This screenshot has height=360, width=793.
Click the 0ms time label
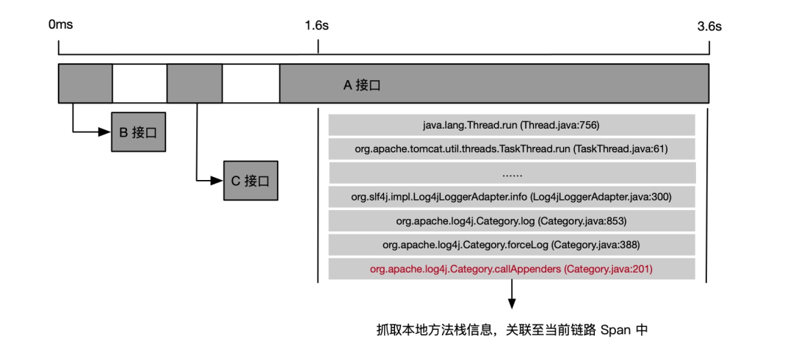[61, 25]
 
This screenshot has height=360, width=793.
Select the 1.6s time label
[317, 25]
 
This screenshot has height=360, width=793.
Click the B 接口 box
[139, 132]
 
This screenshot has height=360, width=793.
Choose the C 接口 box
[251, 181]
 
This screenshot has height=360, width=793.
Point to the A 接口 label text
[361, 85]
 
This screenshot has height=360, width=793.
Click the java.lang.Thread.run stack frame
[512, 125]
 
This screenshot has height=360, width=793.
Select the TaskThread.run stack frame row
[512, 149]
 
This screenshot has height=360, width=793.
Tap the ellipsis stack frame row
[512, 173]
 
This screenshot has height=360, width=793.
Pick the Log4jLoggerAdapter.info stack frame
[512, 197]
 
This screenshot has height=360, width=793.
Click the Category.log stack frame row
[512, 221]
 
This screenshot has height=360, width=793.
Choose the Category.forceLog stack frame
[512, 245]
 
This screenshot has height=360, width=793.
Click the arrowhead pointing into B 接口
[105, 132]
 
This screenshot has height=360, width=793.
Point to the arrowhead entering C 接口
[217, 180]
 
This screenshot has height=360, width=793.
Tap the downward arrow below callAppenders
[512, 294]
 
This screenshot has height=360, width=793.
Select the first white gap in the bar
[140, 84]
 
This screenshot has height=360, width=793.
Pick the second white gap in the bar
[251, 84]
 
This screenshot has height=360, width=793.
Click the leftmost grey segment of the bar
[85, 84]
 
